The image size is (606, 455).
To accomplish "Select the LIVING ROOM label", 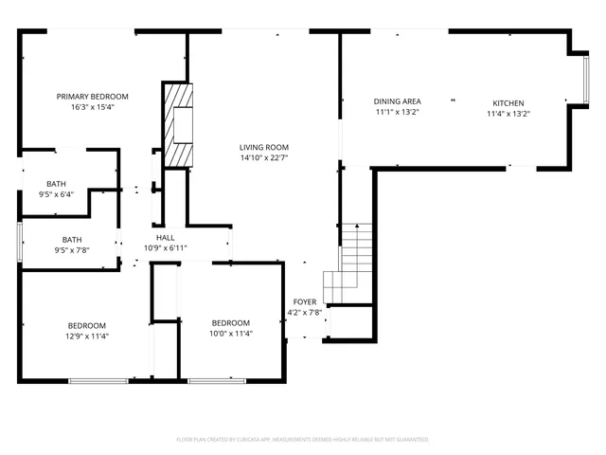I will (263, 147).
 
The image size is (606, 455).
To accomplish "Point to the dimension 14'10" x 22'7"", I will (263, 158).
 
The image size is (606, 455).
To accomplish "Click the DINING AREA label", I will (397, 101).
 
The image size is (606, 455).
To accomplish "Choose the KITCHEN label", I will (508, 103).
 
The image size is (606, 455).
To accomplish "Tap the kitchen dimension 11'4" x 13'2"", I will (508, 114).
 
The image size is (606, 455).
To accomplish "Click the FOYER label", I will (305, 301).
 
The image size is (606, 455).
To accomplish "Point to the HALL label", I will (165, 238).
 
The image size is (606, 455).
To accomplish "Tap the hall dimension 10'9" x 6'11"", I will (165, 248).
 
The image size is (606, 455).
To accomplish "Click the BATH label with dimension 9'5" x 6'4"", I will (56, 184).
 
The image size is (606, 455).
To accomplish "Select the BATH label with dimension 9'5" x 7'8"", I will (72, 240).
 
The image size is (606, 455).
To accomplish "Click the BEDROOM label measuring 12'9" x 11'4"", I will (87, 325).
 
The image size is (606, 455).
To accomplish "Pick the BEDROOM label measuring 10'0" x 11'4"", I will (230, 322).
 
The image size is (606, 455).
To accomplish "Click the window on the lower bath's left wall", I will (20, 241).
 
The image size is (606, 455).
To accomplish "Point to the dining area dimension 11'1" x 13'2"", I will (397, 112).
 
